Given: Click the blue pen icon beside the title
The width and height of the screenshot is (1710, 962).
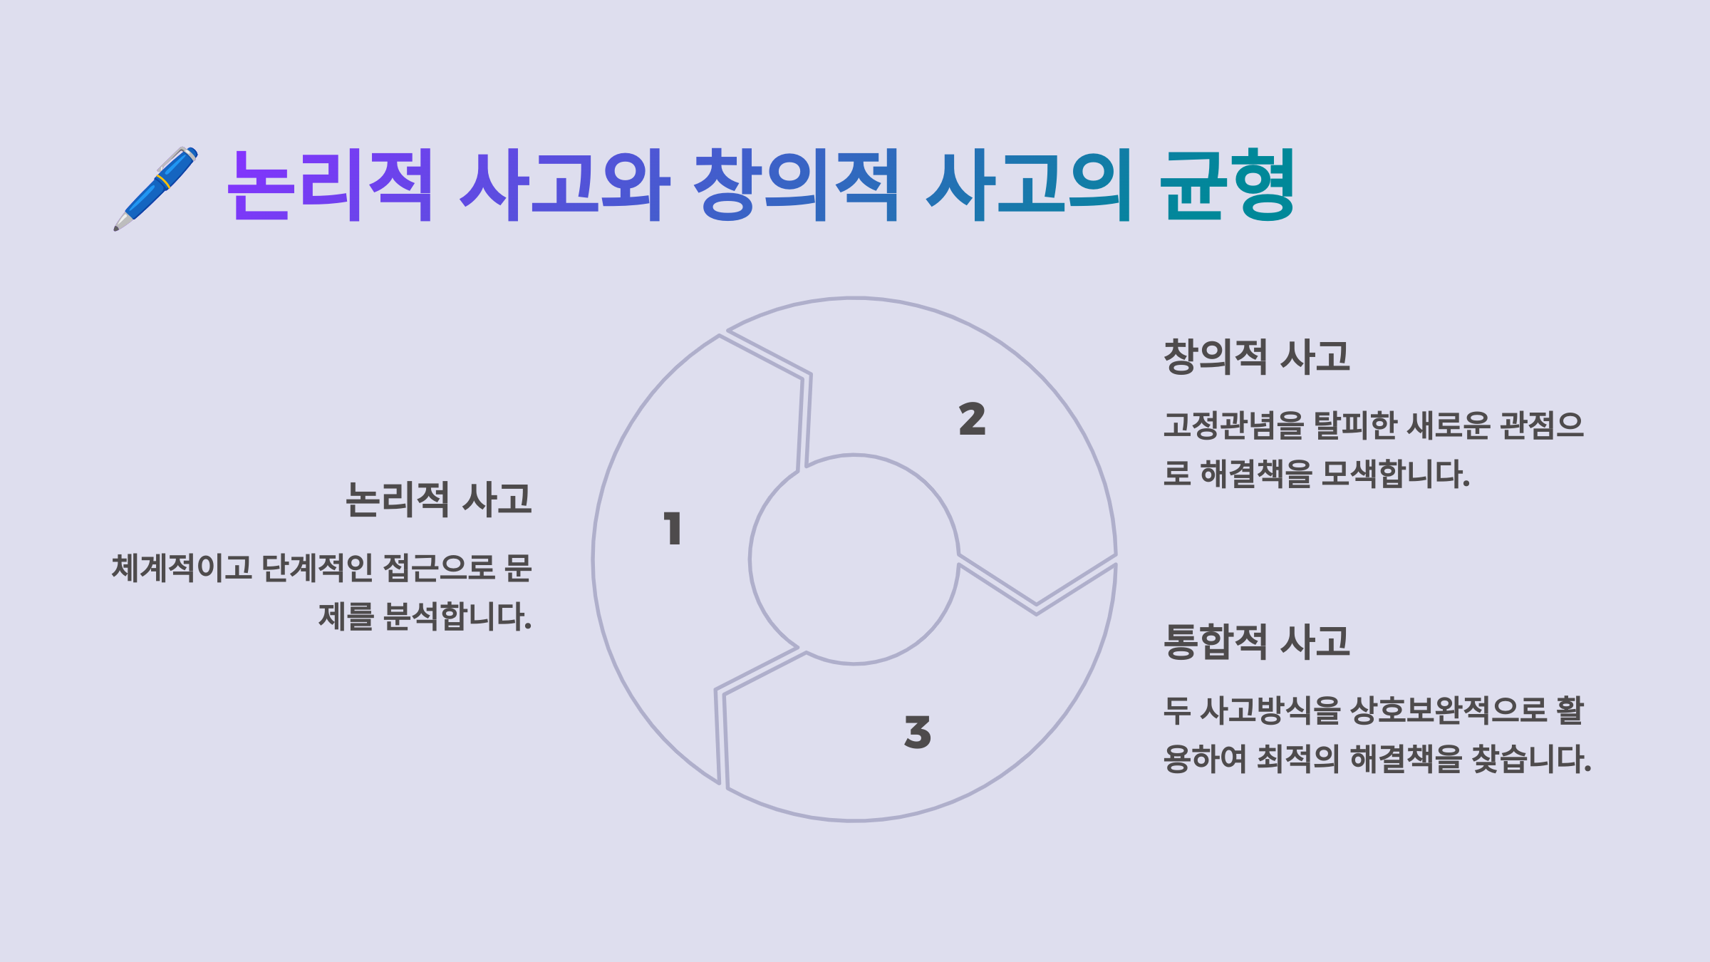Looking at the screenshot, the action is pos(155,188).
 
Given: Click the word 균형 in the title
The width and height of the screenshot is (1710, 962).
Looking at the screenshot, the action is pos(1227,185).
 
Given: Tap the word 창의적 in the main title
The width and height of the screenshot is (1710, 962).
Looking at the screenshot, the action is pos(796,185).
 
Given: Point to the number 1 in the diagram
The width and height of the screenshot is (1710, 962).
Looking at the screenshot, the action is pos(673,529).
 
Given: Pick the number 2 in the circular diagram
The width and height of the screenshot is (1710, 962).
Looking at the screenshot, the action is pos(972,419).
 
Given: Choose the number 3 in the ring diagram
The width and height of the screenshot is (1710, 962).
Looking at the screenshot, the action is pos(918,732).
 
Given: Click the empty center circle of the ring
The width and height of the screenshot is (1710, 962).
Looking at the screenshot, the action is pos(854,559).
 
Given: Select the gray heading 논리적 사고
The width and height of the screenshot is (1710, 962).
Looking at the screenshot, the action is pos(439,499).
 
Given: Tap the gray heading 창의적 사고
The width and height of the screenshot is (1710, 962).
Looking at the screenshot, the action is pos(1256,356).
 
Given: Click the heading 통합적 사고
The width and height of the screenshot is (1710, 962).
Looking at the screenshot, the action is pos(1256,641).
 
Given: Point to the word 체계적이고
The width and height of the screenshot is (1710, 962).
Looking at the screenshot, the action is pos(182,568).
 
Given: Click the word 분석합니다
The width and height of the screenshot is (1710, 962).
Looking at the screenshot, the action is pos(457,616).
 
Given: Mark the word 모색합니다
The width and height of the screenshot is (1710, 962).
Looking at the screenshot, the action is pos(1395,474).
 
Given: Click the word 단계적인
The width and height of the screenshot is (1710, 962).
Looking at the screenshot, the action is pos(317,568).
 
